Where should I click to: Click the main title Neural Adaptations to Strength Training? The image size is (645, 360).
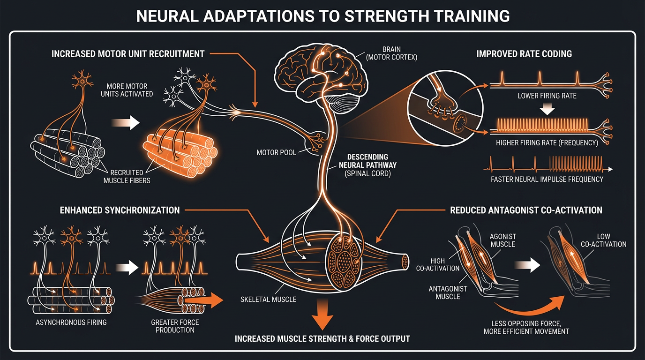coord(322,16)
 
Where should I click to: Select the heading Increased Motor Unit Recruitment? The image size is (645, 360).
coord(128,53)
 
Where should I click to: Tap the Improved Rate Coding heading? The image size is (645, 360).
coord(524,53)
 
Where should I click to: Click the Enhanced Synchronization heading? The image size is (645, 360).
coord(120,210)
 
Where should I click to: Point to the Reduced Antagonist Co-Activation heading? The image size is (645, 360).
coord(526,210)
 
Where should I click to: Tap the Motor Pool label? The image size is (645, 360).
coord(276,152)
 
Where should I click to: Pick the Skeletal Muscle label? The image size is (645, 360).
coord(268,299)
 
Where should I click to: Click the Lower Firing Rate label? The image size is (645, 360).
coord(547,96)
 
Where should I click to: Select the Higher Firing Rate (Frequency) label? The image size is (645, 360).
coord(547,142)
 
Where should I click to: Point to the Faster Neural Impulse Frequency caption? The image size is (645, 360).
coord(547,179)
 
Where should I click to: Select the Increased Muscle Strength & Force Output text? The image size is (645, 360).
coord(322,338)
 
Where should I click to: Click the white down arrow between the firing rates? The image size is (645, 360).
coord(547,109)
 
